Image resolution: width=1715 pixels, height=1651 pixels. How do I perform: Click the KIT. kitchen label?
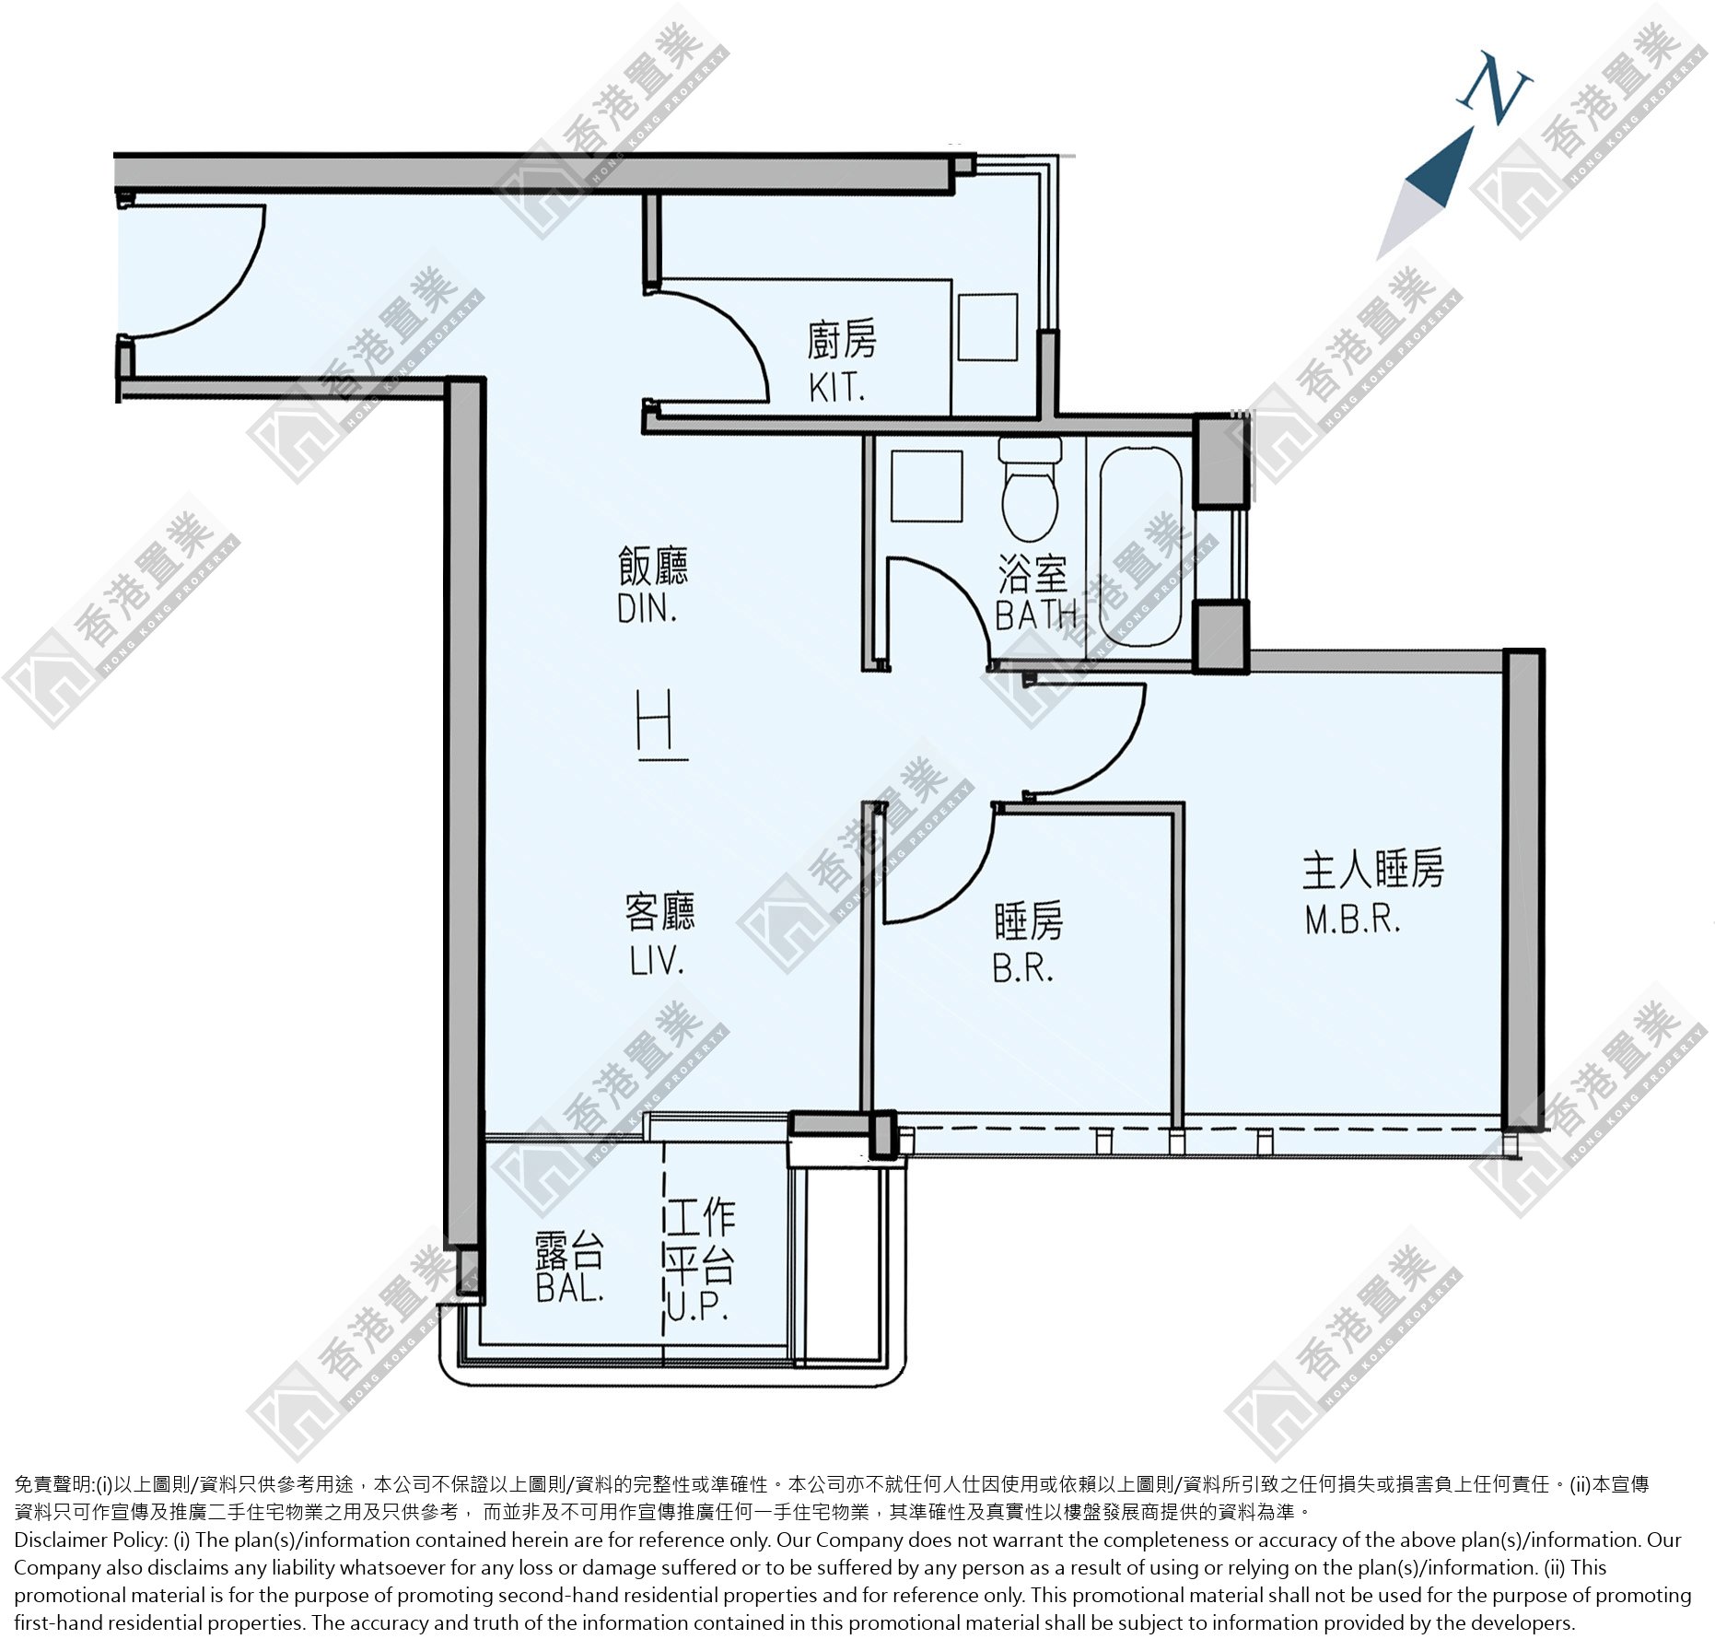tap(836, 388)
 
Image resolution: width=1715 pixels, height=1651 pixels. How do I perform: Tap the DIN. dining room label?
tap(647, 609)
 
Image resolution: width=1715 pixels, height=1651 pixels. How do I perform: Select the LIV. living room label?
tap(657, 961)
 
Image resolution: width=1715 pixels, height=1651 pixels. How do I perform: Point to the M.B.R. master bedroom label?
tap(1352, 919)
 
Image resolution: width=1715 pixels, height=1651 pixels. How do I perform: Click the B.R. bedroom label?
tap(1022, 968)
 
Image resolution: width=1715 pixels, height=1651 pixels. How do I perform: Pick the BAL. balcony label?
tap(570, 1288)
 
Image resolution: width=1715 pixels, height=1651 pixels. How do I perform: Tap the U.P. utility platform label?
tap(697, 1306)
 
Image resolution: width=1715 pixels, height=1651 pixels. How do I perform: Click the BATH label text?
tap(1036, 615)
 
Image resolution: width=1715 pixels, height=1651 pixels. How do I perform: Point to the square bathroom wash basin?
tap(927, 486)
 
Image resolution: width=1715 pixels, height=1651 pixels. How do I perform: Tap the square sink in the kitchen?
tap(987, 327)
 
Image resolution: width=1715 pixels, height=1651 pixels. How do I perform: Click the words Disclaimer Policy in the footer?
tap(88, 1540)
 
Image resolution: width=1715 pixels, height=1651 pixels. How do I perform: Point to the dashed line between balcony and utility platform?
tap(663, 1253)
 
